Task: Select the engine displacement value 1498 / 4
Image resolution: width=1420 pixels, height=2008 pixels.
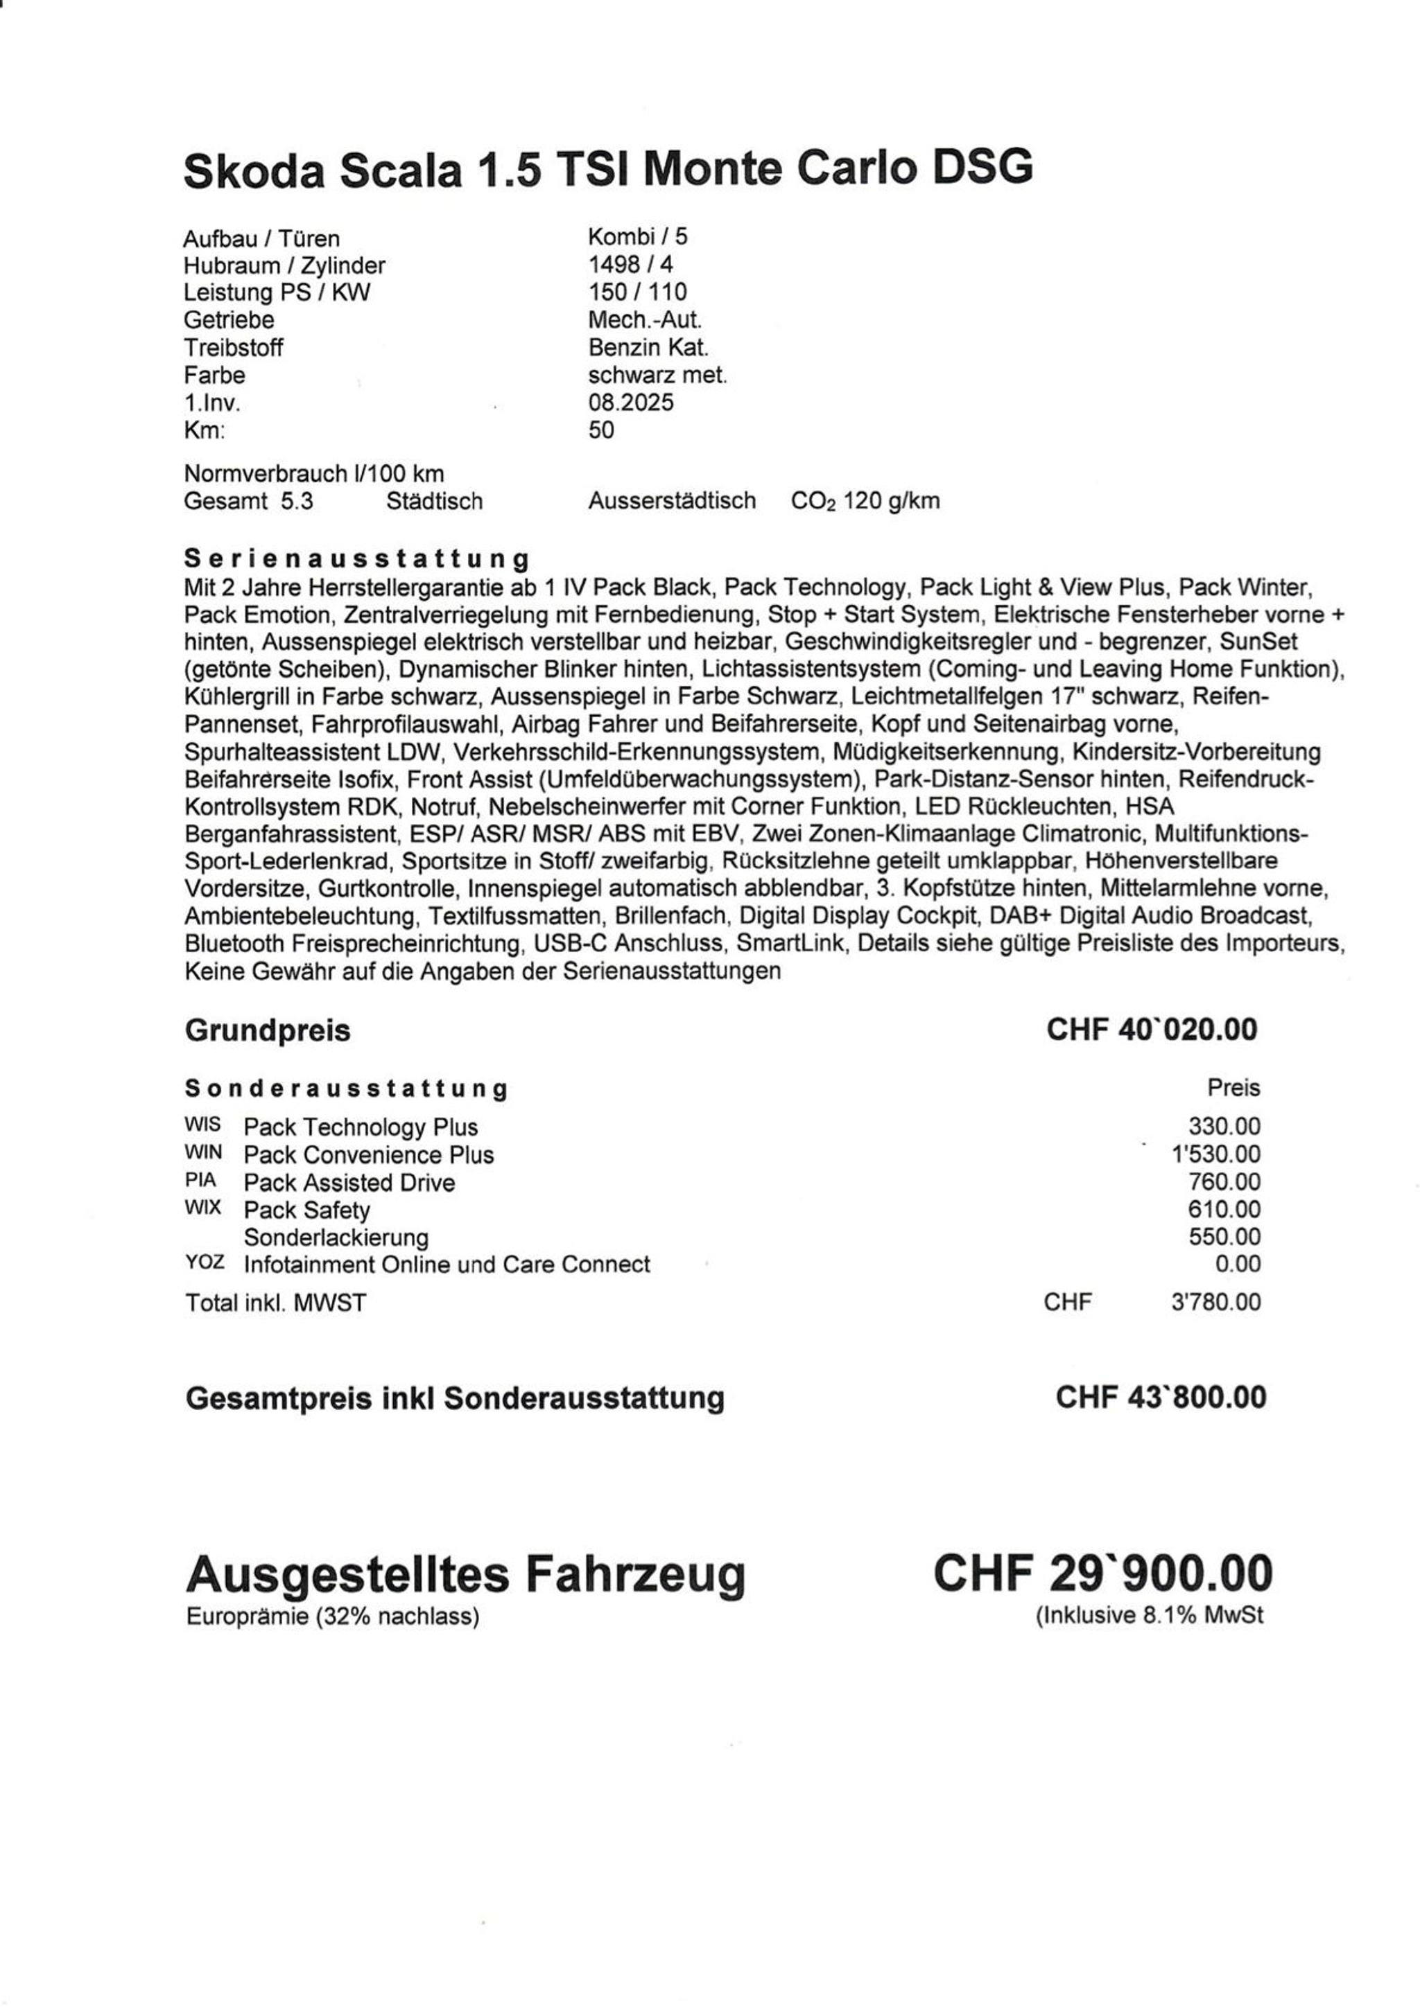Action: point(630,264)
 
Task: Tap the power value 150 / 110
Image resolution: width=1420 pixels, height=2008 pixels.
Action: point(637,292)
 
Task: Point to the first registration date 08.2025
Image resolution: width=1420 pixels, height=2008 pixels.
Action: point(631,403)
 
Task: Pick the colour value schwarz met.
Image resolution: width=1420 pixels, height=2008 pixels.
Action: point(657,375)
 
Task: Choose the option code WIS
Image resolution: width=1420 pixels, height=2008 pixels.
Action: point(203,1125)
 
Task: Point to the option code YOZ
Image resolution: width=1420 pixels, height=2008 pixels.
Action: point(204,1263)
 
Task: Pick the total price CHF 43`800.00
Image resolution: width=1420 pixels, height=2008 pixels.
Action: point(1160,1397)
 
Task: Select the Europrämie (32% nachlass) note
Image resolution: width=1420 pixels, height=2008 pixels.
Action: point(333,1617)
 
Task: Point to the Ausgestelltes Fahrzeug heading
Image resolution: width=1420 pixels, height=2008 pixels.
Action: point(465,1574)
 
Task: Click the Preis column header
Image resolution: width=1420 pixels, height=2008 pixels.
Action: point(1233,1088)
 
